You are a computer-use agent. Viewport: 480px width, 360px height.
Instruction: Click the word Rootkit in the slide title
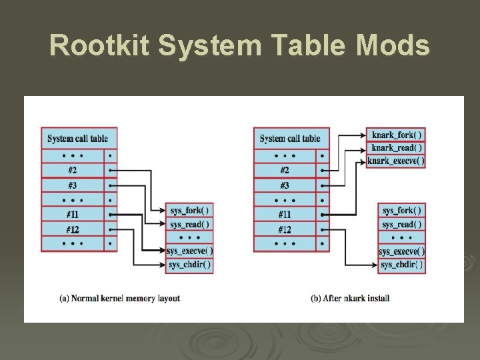click(x=96, y=45)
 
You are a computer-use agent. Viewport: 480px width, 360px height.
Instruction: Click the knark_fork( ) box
click(x=396, y=134)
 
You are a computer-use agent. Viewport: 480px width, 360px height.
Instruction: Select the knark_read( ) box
click(x=396, y=147)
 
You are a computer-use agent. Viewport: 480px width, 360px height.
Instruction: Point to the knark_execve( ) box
click(x=396, y=161)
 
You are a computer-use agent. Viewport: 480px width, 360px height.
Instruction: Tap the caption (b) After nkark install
click(x=350, y=298)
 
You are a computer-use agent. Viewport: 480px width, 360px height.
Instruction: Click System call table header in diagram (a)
click(x=78, y=139)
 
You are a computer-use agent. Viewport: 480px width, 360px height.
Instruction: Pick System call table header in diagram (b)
click(x=291, y=139)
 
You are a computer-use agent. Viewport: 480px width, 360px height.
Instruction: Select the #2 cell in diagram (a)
click(x=72, y=170)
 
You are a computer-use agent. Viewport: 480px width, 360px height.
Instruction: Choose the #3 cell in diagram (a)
click(x=72, y=185)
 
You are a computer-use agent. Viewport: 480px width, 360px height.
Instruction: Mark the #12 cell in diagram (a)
click(x=72, y=229)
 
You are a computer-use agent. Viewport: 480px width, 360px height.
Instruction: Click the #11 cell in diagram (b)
click(x=285, y=215)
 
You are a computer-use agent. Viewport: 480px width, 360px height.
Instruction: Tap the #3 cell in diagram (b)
click(x=285, y=185)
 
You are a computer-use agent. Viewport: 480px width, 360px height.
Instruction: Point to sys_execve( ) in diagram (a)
click(x=189, y=251)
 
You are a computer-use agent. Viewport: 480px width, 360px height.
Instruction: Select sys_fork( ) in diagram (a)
click(x=189, y=211)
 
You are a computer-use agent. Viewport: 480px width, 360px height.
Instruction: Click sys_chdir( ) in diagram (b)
click(x=401, y=265)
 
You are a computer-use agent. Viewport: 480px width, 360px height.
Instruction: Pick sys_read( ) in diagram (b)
click(x=401, y=225)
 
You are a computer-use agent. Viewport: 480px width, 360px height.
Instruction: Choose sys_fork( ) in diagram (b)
click(x=401, y=211)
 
